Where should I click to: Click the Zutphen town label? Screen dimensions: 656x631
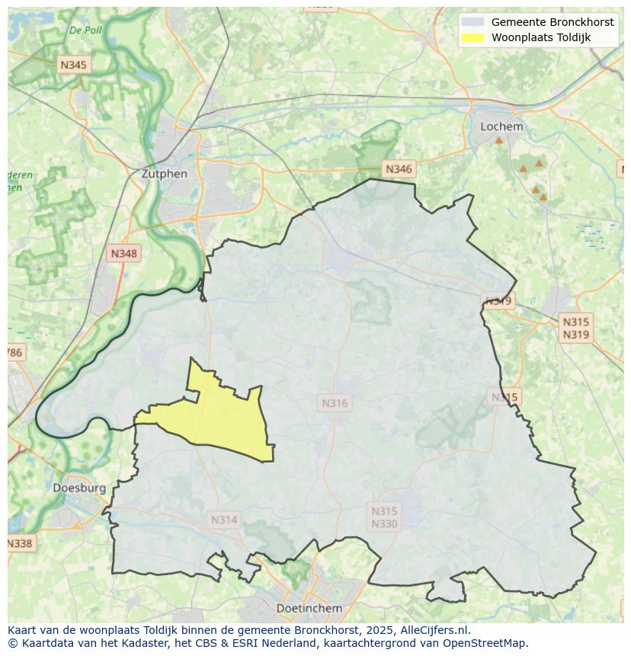click(164, 173)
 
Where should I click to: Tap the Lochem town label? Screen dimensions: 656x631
click(501, 126)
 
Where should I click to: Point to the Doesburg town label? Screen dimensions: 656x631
click(79, 488)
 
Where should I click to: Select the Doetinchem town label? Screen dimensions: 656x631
click(309, 608)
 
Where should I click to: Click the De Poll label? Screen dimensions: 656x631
click(85, 30)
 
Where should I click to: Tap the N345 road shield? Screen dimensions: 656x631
click(73, 65)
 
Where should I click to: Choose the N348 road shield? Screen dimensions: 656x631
click(124, 254)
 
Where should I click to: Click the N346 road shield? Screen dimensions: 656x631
click(399, 169)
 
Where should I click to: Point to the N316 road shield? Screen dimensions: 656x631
click(335, 403)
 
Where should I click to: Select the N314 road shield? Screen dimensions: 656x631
click(224, 520)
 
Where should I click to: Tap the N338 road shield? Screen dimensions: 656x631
click(19, 543)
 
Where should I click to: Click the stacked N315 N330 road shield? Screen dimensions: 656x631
click(384, 517)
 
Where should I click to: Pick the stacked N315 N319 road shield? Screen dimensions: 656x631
click(575, 328)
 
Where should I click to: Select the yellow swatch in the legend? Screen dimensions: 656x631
click(472, 37)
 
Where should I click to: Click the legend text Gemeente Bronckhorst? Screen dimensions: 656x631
click(552, 22)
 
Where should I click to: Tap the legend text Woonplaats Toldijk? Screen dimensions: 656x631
click(540, 37)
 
